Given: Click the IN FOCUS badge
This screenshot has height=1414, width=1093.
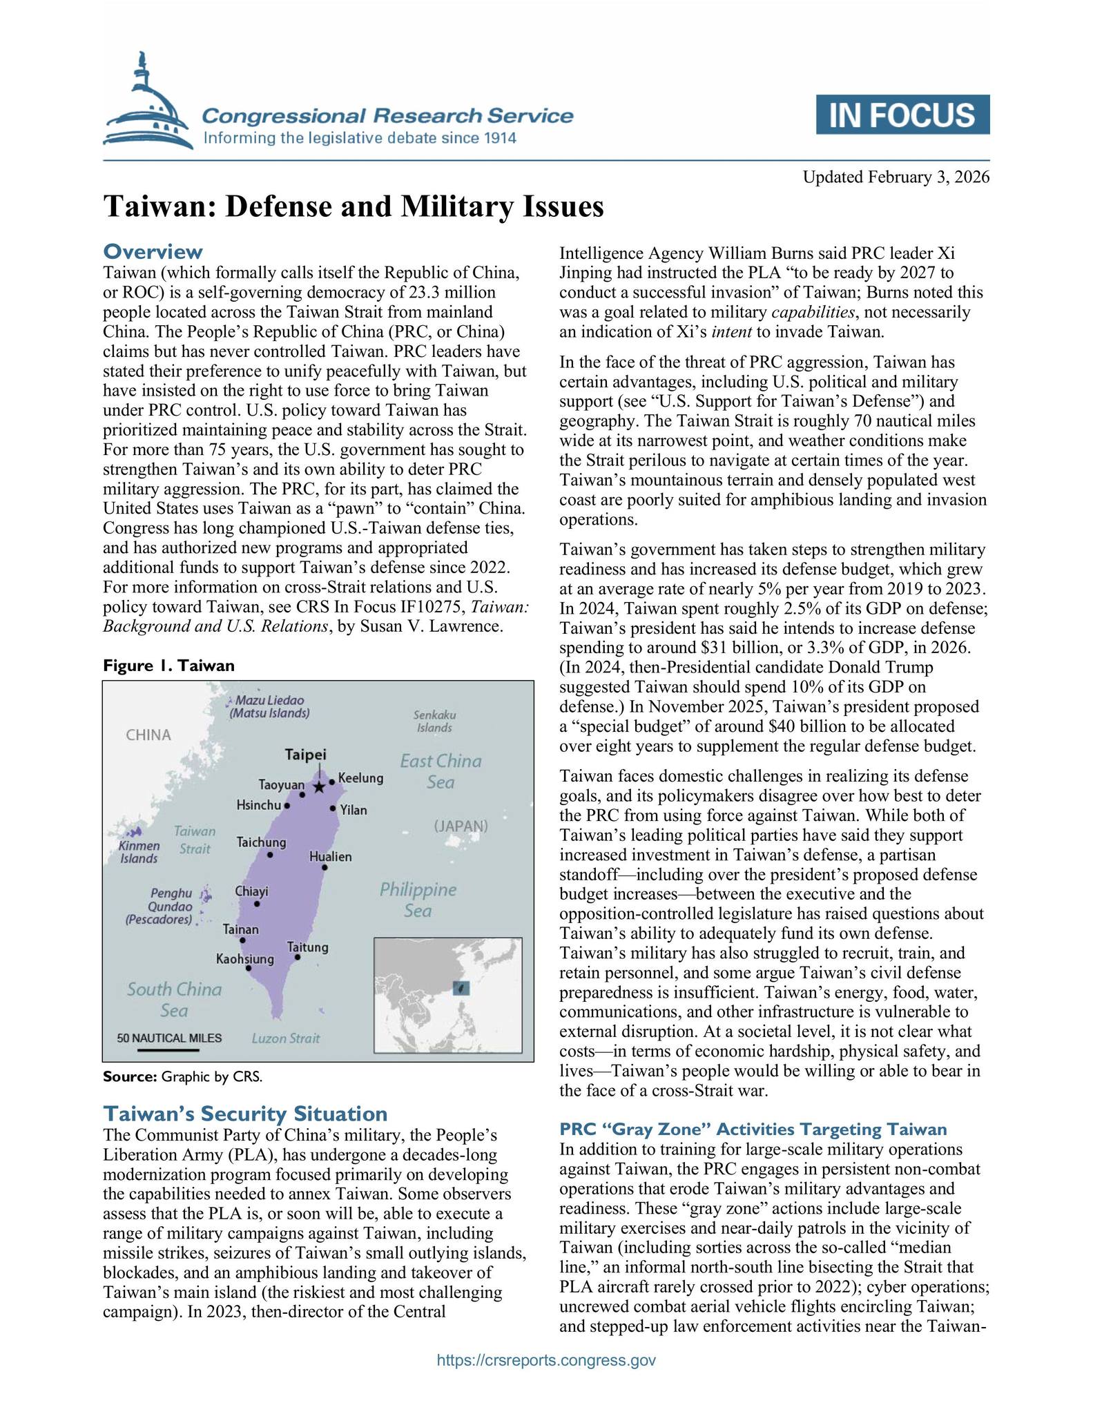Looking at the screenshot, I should pyautogui.click(x=902, y=115).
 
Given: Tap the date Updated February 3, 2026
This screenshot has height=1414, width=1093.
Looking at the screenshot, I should pyautogui.click(x=896, y=177).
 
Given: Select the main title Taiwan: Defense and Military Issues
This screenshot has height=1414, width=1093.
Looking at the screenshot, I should pyautogui.click(x=354, y=206).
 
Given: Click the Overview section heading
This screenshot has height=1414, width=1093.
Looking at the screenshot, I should pyautogui.click(x=153, y=251).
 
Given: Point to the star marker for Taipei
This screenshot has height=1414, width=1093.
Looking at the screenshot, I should pyautogui.click(x=319, y=786).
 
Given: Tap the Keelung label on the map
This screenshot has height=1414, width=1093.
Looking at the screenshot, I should pyautogui.click(x=360, y=778).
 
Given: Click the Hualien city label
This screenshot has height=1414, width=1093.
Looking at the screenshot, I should pyautogui.click(x=331, y=857).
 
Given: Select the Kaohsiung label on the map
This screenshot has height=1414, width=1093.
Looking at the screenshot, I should pyautogui.click(x=245, y=959).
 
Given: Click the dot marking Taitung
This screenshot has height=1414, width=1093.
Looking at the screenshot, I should pyautogui.click(x=298, y=957).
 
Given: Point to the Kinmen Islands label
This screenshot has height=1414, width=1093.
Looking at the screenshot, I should pyautogui.click(x=139, y=852).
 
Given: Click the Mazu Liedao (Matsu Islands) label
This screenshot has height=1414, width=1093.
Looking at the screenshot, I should pyautogui.click(x=269, y=706).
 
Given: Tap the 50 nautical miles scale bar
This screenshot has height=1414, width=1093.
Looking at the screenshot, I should pyautogui.click(x=168, y=1050).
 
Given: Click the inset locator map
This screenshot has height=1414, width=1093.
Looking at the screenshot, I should pyautogui.click(x=447, y=994).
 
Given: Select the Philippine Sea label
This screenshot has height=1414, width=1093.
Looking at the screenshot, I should pyautogui.click(x=418, y=900).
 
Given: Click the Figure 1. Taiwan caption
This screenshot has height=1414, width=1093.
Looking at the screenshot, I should pyautogui.click(x=168, y=665).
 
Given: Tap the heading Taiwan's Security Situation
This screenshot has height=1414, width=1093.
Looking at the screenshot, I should pyautogui.click(x=244, y=1114).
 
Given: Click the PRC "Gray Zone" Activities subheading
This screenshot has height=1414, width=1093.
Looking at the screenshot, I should pyautogui.click(x=753, y=1130).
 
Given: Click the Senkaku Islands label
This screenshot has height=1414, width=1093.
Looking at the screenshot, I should pyautogui.click(x=434, y=721).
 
